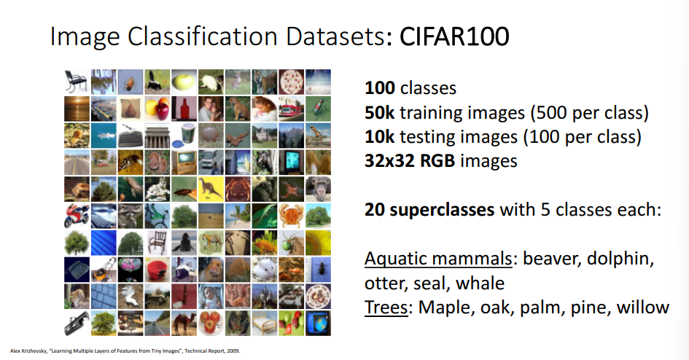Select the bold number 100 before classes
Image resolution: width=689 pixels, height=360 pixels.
click(x=380, y=89)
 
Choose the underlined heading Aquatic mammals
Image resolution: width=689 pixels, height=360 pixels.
click(x=440, y=259)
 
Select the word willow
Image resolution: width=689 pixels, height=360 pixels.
click(x=642, y=307)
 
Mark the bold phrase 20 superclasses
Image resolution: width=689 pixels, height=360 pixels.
click(x=429, y=210)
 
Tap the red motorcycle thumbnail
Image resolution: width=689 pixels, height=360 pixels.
click(x=76, y=215)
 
